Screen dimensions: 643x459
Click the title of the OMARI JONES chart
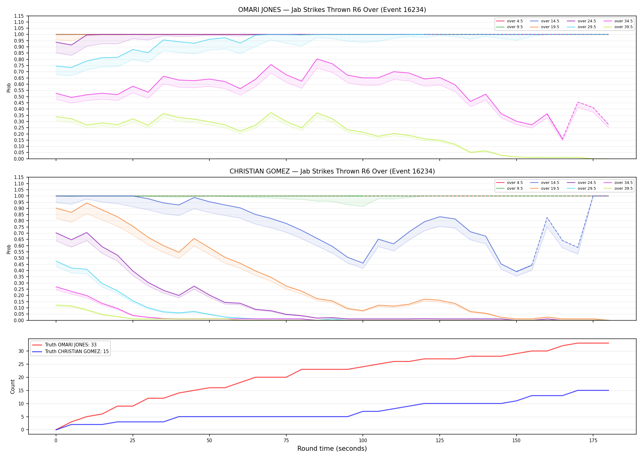[x=332, y=10]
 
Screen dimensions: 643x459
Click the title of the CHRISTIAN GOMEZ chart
[x=332, y=171]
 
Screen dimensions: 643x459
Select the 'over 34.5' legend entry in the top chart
[x=618, y=21]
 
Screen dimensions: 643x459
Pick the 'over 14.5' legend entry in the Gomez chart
[x=545, y=183]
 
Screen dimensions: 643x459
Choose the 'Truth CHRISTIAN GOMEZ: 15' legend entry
[x=70, y=352]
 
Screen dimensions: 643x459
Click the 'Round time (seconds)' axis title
[x=332, y=449]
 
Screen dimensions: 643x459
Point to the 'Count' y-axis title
[x=13, y=386]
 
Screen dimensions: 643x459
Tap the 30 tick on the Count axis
[x=21, y=351]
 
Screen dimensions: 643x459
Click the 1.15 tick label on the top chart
[x=19, y=16]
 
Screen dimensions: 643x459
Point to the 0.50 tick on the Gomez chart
[x=19, y=258]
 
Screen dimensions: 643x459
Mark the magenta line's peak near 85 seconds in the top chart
[x=317, y=59]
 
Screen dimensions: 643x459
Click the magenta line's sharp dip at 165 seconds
[x=562, y=140]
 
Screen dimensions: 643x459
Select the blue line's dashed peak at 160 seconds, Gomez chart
[x=547, y=218]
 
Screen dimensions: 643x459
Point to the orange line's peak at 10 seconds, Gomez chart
[x=87, y=203]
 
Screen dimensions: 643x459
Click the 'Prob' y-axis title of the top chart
[x=9, y=88]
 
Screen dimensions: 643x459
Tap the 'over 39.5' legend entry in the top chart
[x=618, y=27]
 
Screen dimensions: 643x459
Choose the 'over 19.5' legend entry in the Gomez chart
[x=545, y=188]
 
